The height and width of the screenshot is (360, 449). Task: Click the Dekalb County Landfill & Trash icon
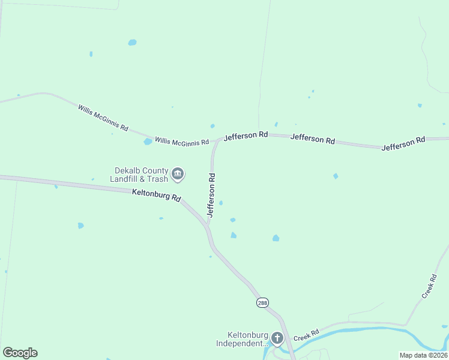tap(178, 174)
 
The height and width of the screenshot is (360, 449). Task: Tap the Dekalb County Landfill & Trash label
tap(140, 174)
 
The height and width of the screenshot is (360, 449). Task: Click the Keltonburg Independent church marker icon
tap(277, 338)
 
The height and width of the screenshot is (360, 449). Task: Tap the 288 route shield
tap(262, 303)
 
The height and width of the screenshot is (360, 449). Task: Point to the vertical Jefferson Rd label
tap(211, 195)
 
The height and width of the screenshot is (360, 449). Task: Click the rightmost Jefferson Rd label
tap(403, 143)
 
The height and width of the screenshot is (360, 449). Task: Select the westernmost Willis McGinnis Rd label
tap(103, 118)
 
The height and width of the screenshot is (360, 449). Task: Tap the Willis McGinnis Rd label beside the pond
tap(182, 142)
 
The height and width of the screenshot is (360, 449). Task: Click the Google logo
tap(20, 353)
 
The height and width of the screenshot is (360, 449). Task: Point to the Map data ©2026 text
tap(423, 355)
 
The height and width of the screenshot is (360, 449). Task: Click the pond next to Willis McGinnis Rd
tap(148, 142)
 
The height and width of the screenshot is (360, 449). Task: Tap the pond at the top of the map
tap(132, 43)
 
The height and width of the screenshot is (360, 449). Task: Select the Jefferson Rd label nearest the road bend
tap(246, 137)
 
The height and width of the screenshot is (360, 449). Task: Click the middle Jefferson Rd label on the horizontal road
tap(312, 139)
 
